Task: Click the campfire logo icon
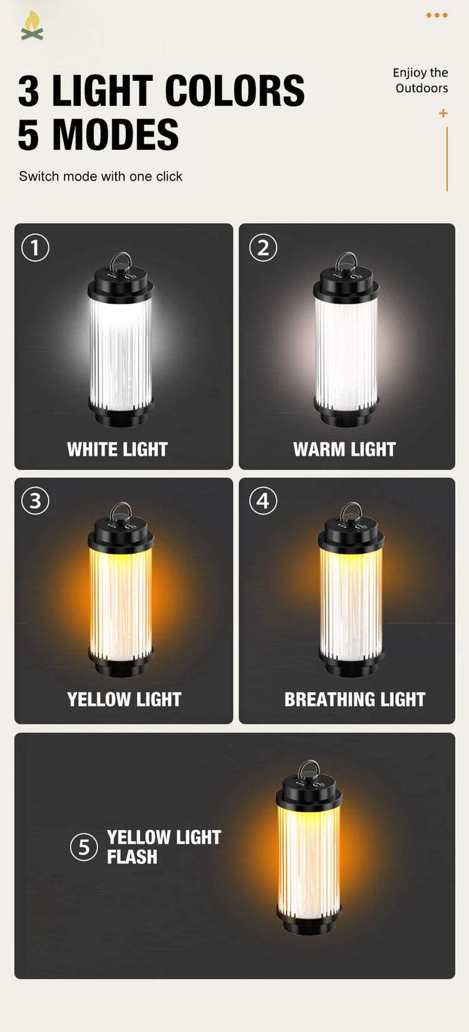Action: coord(32,26)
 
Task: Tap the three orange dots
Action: coord(437,15)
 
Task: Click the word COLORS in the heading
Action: coord(235,90)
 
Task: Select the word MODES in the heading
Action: coord(115,134)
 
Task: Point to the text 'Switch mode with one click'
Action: coord(100,176)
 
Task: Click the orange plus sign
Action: coord(443,113)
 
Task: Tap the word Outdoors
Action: coord(421,88)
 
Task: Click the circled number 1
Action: coord(36,248)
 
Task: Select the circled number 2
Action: coord(263,248)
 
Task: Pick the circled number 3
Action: coord(36,501)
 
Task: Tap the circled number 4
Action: coord(263,501)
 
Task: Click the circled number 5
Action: coord(84,847)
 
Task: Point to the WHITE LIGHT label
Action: coord(117,449)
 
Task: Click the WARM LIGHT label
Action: coord(344,449)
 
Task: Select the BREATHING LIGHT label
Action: coord(355,699)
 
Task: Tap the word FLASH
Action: coord(132,857)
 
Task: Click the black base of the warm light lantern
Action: coord(346,412)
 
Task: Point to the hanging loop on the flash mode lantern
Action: coord(309,768)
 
